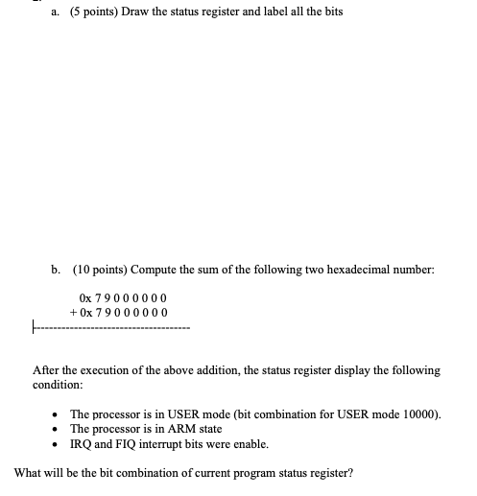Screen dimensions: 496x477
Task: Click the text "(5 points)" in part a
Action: click(x=93, y=12)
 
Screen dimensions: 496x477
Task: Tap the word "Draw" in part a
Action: click(x=138, y=12)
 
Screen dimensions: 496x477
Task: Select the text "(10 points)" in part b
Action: click(x=98, y=271)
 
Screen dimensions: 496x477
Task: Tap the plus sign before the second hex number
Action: click(x=74, y=313)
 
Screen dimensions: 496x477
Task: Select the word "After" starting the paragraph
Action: click(x=47, y=369)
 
